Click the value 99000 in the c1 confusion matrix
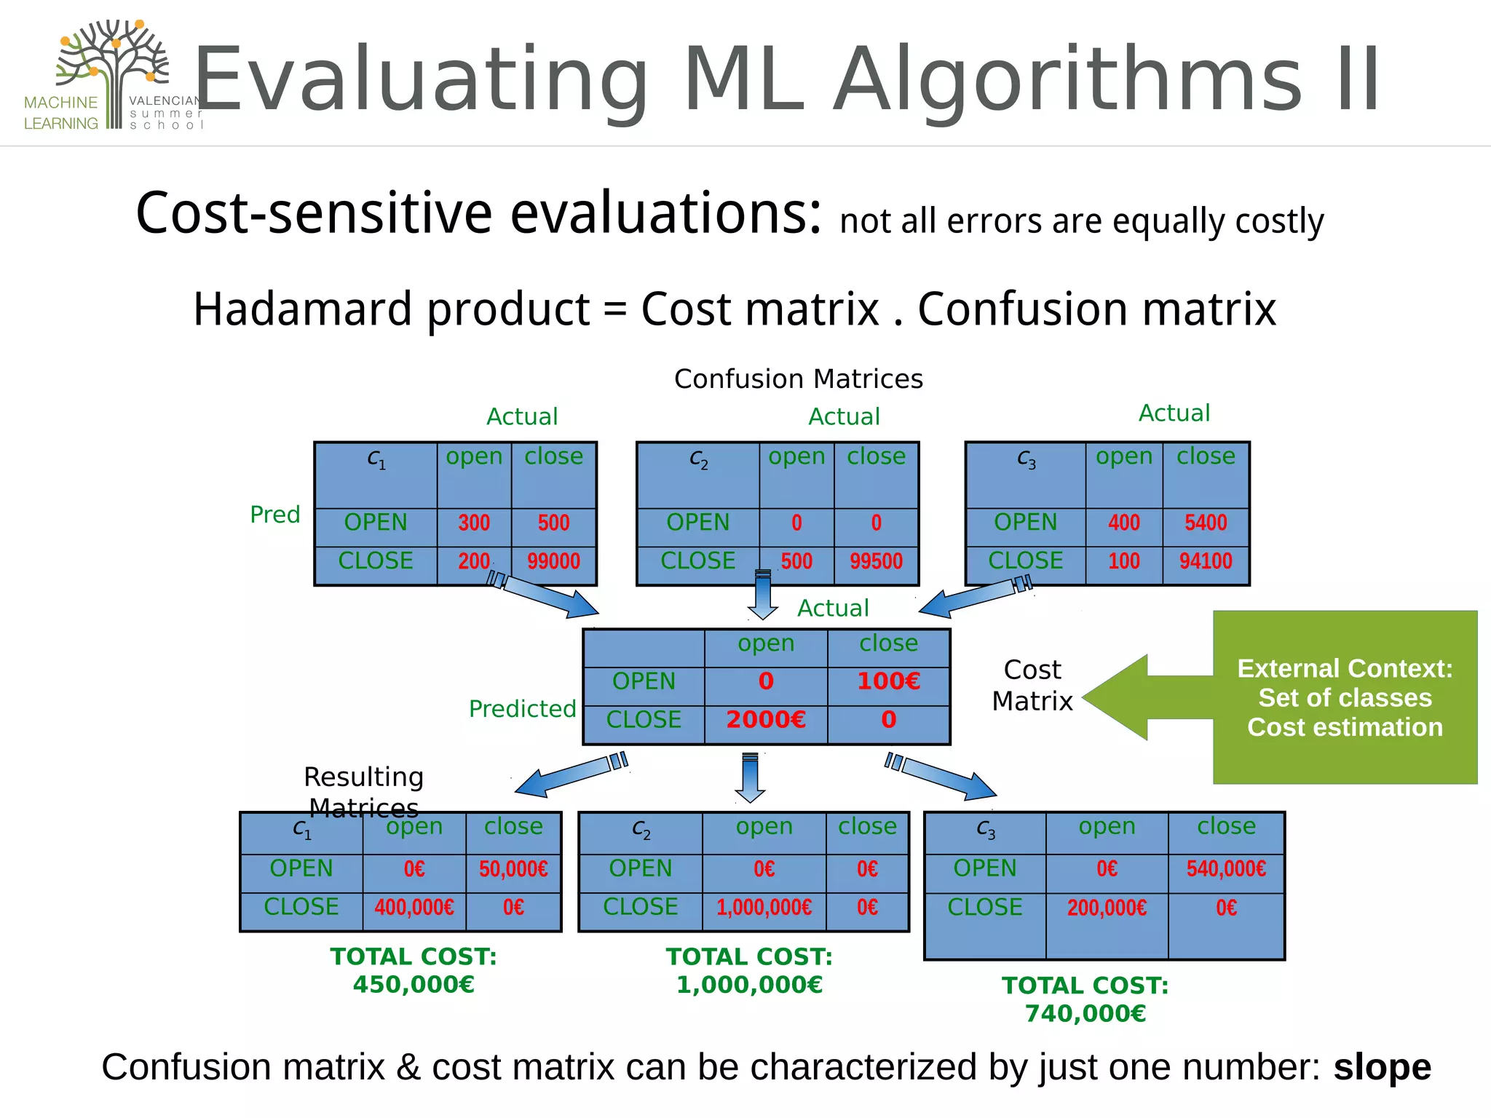553,561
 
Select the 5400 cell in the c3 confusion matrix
1206,523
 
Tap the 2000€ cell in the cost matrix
766,720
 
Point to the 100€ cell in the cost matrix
888,681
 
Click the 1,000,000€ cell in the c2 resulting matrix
764,908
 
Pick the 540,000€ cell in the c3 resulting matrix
1226,869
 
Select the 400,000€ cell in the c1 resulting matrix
414,908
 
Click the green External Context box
1345,697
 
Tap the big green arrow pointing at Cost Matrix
1143,697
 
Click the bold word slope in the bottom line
1382,1067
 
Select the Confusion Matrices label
798,379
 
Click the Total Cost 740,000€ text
1085,999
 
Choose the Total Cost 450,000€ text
414,970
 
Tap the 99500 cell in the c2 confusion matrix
876,561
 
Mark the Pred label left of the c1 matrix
274,515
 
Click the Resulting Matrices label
363,792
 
